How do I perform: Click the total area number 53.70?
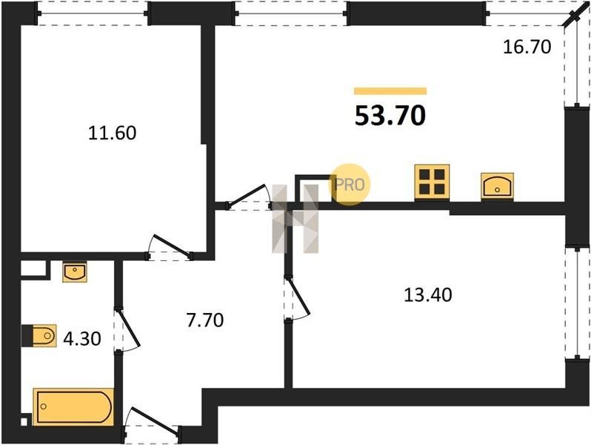pos(390,115)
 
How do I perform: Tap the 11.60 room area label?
pos(112,133)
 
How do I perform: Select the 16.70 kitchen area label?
pos(527,47)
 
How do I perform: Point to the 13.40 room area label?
pos(428,294)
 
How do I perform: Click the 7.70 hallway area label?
pos(205,320)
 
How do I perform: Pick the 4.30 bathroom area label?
pos(82,338)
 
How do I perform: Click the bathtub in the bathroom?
pos(73,407)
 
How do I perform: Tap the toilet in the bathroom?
pos(39,335)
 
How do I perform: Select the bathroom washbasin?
pos(75,271)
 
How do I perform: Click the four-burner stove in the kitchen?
pos(432,182)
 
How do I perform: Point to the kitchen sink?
pos(497,187)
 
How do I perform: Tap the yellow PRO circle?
pos(350,185)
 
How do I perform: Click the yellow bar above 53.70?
pos(390,91)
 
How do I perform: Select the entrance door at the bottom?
pos(152,426)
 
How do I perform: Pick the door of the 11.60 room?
pos(170,248)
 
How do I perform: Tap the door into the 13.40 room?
pos(297,299)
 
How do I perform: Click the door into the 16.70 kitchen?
pos(249,197)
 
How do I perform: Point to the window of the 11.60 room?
pos(93,13)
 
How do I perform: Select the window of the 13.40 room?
pos(577,303)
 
